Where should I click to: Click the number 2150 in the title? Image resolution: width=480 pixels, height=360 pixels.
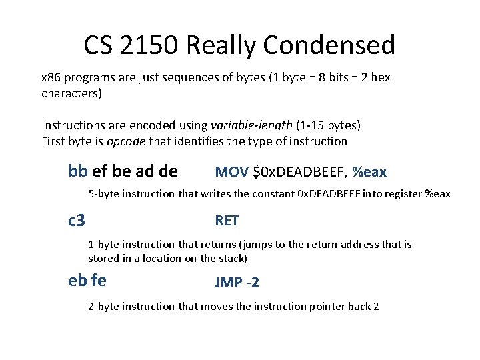click(151, 45)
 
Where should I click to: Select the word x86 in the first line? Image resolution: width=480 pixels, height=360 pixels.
click(51, 77)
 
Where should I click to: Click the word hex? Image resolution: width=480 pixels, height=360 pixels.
click(379, 77)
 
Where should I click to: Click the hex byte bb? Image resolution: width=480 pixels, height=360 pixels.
click(78, 171)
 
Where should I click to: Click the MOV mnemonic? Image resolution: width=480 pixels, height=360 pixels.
click(231, 173)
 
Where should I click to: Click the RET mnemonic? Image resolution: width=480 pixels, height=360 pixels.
click(227, 221)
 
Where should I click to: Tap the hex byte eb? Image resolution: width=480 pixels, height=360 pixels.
click(78, 281)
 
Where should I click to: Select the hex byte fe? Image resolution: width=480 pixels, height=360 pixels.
click(98, 281)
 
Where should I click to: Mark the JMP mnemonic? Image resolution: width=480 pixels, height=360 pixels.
click(228, 283)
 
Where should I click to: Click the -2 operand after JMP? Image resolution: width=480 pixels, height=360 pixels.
click(252, 283)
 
